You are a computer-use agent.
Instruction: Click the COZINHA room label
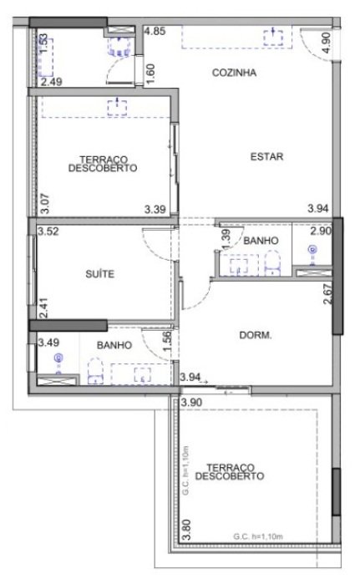click(x=234, y=73)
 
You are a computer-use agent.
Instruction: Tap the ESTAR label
click(x=266, y=156)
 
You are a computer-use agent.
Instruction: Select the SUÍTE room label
click(x=99, y=274)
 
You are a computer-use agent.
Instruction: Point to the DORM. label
click(x=256, y=335)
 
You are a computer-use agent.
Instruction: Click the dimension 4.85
click(x=155, y=31)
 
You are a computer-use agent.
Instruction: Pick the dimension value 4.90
click(x=326, y=43)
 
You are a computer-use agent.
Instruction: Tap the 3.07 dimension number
click(x=44, y=203)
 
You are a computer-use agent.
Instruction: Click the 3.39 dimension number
click(x=155, y=210)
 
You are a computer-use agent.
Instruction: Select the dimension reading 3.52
click(x=48, y=231)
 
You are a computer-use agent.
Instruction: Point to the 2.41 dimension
click(x=43, y=307)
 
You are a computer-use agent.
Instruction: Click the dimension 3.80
click(x=186, y=530)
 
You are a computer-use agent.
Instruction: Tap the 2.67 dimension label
click(x=327, y=294)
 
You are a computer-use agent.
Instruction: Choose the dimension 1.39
click(x=226, y=240)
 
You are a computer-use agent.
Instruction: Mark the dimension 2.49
click(x=52, y=82)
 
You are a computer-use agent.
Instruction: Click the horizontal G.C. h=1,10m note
click(x=258, y=536)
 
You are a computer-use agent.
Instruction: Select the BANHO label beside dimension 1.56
click(x=114, y=345)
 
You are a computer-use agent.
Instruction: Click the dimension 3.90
click(x=191, y=402)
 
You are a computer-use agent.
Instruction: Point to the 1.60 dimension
click(x=150, y=74)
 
